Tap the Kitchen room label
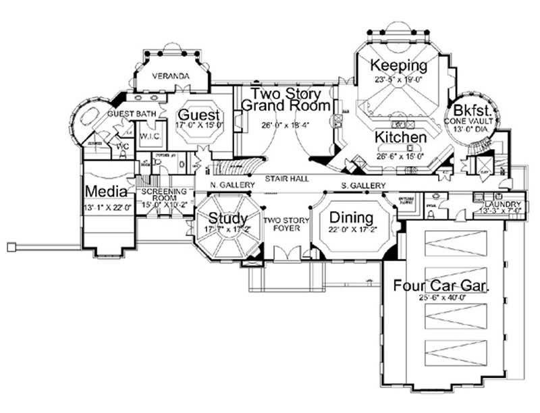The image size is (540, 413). point(401,138)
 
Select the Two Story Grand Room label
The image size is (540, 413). point(286,99)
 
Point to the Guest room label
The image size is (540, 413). point(198,114)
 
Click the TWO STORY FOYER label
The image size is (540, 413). point(286,225)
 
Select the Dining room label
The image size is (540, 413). point(350,217)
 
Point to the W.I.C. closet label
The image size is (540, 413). point(149,137)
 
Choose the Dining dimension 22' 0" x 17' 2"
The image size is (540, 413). point(351,231)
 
